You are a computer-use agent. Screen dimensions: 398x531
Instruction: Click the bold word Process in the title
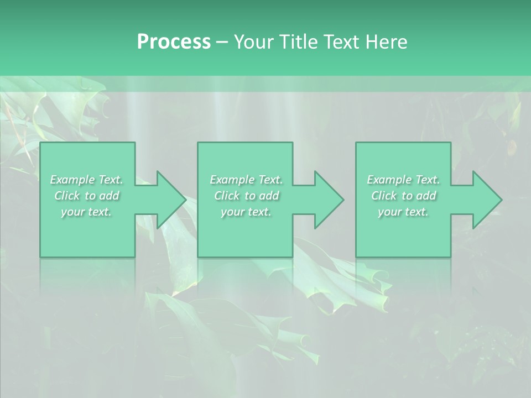coord(174,42)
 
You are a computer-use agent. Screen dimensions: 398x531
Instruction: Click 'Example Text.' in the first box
coord(87,180)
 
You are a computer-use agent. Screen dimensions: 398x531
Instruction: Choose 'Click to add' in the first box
coord(87,196)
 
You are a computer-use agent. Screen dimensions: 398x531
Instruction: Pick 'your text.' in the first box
coord(87,212)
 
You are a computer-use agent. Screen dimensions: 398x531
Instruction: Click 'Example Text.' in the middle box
coord(246,180)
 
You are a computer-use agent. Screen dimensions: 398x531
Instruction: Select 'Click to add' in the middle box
coord(246,196)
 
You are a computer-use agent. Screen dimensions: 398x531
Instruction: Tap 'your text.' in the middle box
coord(246,212)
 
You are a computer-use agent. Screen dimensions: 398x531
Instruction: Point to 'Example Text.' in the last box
coord(403,180)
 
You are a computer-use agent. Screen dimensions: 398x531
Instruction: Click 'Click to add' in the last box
coord(403,196)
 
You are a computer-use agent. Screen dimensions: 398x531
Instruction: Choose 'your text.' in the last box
coord(403,212)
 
